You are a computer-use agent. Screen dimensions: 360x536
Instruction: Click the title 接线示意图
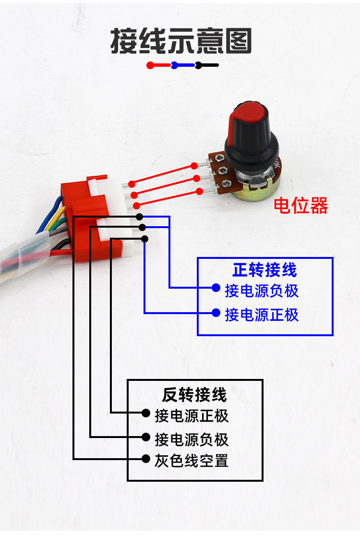click(x=181, y=41)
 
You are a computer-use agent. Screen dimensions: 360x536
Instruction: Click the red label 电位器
click(x=300, y=206)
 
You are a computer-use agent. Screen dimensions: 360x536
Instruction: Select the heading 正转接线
click(x=264, y=269)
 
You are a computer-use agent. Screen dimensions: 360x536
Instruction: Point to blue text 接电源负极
click(x=262, y=291)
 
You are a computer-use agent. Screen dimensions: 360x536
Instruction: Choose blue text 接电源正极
click(x=262, y=315)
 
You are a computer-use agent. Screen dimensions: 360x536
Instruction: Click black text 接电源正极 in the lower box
click(x=192, y=415)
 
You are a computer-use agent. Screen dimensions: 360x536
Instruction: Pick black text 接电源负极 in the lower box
click(x=192, y=439)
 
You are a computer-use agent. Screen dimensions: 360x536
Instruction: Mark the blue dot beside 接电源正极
click(x=216, y=313)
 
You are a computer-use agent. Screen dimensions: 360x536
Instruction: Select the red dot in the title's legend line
click(x=150, y=65)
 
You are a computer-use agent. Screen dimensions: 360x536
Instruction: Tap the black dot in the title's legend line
click(x=198, y=65)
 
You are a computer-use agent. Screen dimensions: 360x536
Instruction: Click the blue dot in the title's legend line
click(x=174, y=65)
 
